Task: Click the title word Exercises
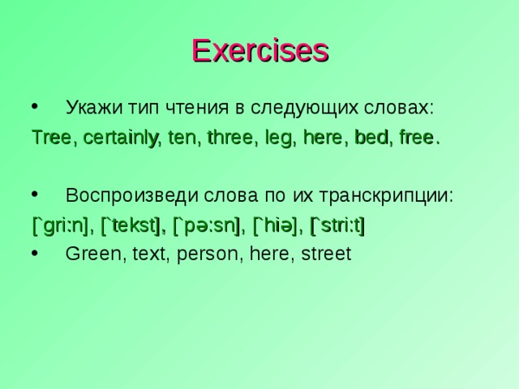coord(259,50)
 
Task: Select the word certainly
coord(121,137)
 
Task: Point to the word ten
coord(183,137)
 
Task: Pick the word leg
coord(278,137)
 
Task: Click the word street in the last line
coord(325,254)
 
